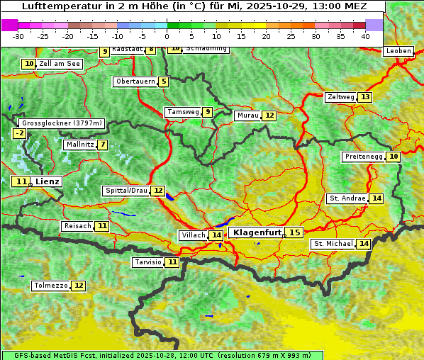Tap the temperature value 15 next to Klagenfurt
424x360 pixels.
click(294, 232)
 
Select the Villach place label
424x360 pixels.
click(193, 235)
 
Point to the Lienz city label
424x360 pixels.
click(48, 181)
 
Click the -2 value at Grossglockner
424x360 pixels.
click(20, 133)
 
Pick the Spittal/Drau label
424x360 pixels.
click(126, 191)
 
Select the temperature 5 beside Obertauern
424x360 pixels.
click(164, 81)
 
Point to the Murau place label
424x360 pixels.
click(247, 116)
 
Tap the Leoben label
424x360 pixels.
click(398, 51)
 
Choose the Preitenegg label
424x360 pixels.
click(364, 157)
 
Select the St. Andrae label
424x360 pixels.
click(347, 198)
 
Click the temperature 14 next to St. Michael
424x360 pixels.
click(364, 244)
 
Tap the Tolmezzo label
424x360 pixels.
click(50, 286)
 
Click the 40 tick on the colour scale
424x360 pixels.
click(365, 36)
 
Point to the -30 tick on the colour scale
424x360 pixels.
click(18, 36)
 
